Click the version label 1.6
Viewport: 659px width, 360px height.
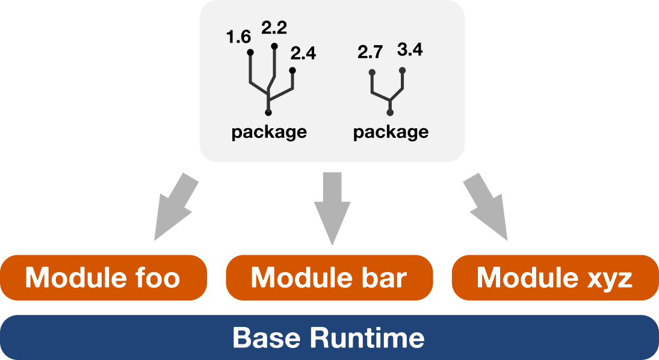click(x=238, y=37)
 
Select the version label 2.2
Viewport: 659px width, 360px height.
click(x=274, y=28)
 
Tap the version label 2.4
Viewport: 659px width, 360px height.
click(x=303, y=54)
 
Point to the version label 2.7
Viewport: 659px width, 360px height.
click(x=370, y=52)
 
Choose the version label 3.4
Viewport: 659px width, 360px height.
click(x=410, y=49)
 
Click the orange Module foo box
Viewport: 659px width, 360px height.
click(x=103, y=278)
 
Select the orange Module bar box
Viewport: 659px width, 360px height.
click(x=329, y=278)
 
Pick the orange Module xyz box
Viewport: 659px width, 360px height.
click(x=554, y=278)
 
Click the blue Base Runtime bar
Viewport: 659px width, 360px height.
click(x=329, y=337)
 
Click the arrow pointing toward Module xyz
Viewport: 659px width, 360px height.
click(x=488, y=208)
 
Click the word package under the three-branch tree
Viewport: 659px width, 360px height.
click(x=269, y=132)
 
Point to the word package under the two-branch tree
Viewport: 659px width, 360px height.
click(x=391, y=132)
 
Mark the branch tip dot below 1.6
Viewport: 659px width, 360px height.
click(x=250, y=52)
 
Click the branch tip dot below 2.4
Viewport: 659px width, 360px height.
click(x=292, y=70)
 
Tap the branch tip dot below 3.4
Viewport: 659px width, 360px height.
click(x=403, y=70)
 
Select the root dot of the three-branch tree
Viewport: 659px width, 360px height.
click(x=268, y=113)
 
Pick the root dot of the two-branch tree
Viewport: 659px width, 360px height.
click(x=391, y=113)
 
